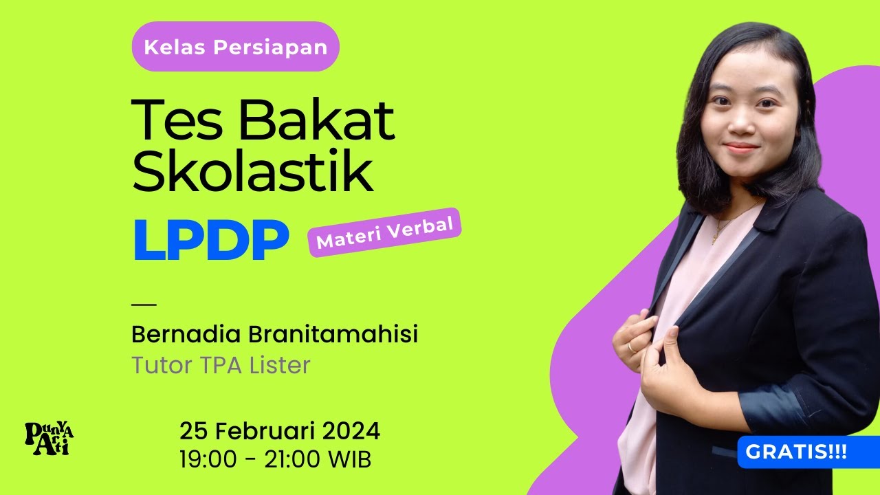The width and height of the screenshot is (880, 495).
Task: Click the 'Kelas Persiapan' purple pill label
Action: [235, 47]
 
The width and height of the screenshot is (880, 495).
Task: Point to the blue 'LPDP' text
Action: [210, 241]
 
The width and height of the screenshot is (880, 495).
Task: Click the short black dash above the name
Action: [144, 304]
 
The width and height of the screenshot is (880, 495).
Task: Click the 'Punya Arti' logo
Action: [49, 438]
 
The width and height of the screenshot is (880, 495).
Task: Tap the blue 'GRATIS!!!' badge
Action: [796, 452]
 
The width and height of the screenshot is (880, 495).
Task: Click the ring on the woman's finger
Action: [631, 346]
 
